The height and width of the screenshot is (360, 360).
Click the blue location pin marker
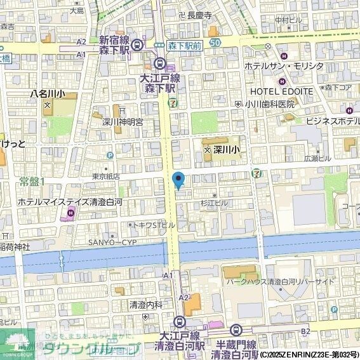coord(178,180)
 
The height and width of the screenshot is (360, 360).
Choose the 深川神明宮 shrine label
coord(123,121)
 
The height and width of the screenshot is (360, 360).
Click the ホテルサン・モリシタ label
coord(284,67)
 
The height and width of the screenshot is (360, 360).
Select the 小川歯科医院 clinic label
coord(276,103)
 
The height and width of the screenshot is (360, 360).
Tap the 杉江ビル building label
coord(213,203)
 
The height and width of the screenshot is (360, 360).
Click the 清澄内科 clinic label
coord(145,304)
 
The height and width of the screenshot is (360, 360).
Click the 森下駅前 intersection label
coord(185,46)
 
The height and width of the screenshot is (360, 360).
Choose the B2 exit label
coord(305,331)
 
